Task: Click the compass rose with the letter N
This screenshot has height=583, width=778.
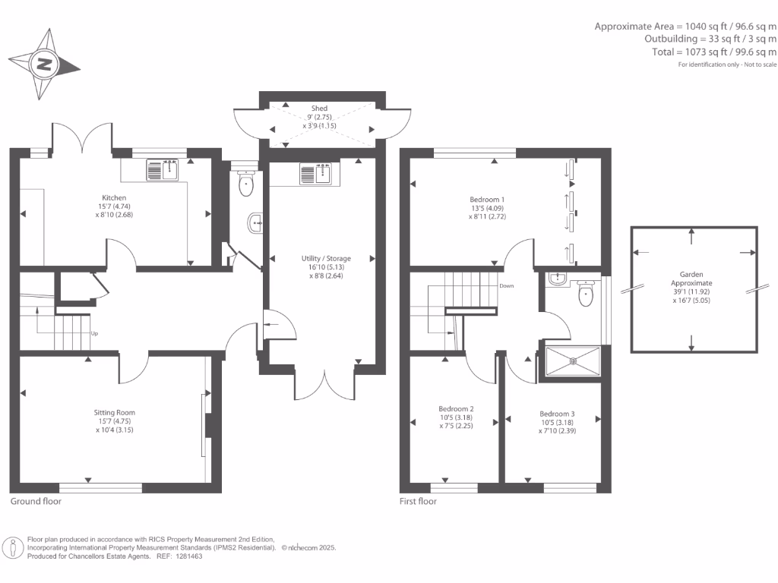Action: [45, 64]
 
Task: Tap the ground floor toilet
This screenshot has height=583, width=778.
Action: [245, 183]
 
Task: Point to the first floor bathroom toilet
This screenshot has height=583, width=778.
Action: [586, 295]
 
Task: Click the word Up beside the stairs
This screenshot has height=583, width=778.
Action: [95, 333]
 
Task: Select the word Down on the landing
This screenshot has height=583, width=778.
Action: [507, 286]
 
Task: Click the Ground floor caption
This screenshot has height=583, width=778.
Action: [36, 501]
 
